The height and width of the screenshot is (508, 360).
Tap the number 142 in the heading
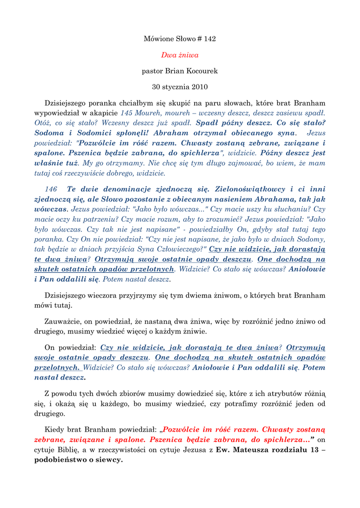coord(210,39)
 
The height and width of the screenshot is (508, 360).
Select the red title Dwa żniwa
coord(180,55)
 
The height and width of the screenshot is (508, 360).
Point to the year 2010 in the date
coord(200,87)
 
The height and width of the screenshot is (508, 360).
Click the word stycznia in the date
coord(176,87)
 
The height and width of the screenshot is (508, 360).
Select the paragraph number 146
coord(51,189)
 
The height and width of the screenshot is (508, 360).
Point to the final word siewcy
coord(110,460)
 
